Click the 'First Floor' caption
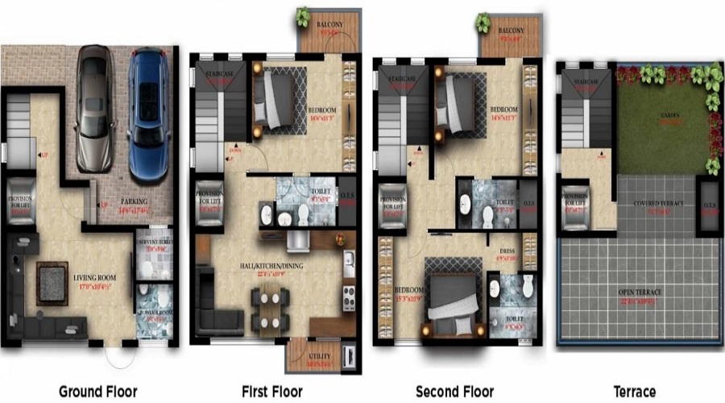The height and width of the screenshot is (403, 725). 272,392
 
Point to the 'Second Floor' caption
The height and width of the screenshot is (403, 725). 454,392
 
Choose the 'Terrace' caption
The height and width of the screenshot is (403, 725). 634,392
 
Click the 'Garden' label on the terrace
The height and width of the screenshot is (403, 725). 670,115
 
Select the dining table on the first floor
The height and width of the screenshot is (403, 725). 268,307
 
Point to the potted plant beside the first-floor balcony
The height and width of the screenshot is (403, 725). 303,17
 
